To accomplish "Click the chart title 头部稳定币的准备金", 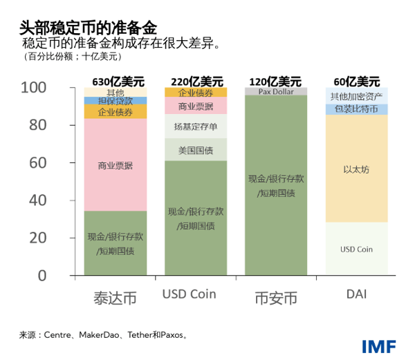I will (x=89, y=28).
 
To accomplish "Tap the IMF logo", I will (x=379, y=345).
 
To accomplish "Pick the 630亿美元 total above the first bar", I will (x=116, y=80).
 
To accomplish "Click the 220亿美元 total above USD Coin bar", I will (x=196, y=80).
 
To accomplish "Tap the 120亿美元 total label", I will (x=276, y=80).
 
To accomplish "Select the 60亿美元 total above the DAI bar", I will (x=356, y=80).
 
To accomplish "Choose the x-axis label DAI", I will (x=356, y=295).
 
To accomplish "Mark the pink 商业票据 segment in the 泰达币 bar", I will (x=116, y=165).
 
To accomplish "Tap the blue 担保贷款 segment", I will (x=116, y=100).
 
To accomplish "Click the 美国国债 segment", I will (x=196, y=150).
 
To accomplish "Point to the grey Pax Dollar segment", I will (x=276, y=91).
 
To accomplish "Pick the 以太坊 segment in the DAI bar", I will (x=356, y=169).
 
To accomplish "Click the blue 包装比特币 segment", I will (x=356, y=109).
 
